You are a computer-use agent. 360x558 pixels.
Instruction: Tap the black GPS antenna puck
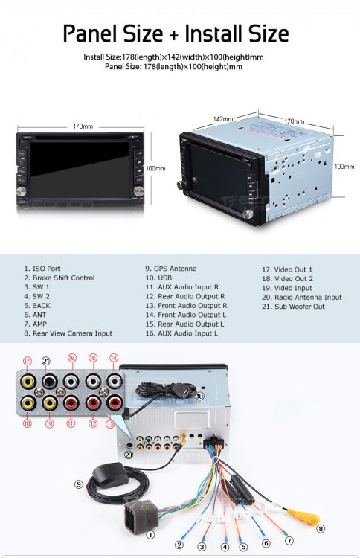tap(110, 474)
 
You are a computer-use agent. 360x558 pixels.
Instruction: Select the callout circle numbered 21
tap(46, 361)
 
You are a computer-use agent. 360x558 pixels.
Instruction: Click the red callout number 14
tap(114, 358)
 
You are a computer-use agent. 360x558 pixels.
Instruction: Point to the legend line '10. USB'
tap(158, 278)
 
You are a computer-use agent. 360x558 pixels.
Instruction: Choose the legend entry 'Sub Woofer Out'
tap(300, 307)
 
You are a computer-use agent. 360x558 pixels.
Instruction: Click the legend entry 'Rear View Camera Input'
tap(73, 333)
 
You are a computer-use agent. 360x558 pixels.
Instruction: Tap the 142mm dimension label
tap(223, 119)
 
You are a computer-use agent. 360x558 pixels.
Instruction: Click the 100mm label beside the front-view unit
tap(155, 168)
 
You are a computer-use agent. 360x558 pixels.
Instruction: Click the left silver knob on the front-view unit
tap(22, 190)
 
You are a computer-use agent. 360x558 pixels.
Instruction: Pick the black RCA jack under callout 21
tap(49, 382)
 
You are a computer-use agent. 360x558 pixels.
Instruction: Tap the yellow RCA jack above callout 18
tap(28, 403)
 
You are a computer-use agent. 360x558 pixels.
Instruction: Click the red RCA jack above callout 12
tap(93, 403)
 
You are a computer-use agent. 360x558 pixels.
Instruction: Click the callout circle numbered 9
tap(79, 484)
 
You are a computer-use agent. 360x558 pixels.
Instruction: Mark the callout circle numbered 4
tap(225, 547)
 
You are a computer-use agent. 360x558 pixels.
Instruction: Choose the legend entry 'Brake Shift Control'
tap(64, 278)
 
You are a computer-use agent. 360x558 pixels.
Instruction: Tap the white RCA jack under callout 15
tap(93, 382)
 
